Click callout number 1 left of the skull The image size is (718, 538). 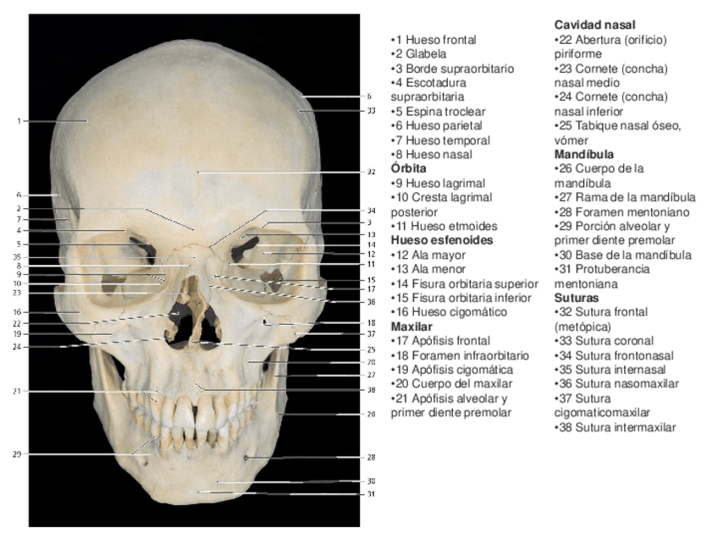[18, 120]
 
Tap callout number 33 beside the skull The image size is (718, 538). [371, 110]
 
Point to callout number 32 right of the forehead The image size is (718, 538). [371, 172]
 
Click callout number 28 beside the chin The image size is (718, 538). [371, 457]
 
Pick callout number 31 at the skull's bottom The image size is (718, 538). [371, 494]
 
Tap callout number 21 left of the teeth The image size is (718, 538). [18, 391]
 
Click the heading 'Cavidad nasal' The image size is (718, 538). [594, 25]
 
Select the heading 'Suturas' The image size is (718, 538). [577, 298]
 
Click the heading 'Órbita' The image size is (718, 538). [408, 168]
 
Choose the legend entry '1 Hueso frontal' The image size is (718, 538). [434, 40]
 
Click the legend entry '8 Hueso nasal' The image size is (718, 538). [434, 154]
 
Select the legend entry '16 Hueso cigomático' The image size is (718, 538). [449, 312]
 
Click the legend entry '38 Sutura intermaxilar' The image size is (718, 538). [615, 427]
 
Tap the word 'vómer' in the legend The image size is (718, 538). [572, 140]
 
